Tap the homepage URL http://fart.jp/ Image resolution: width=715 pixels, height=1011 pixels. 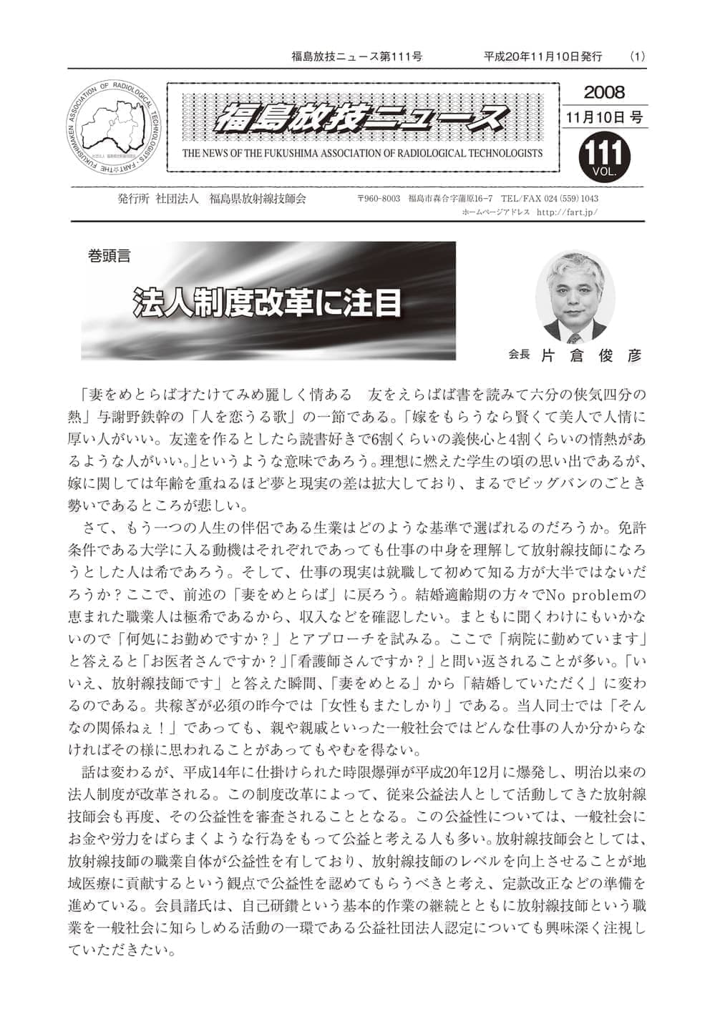[565, 212]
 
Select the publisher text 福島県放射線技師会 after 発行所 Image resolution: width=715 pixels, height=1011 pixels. [258, 199]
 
